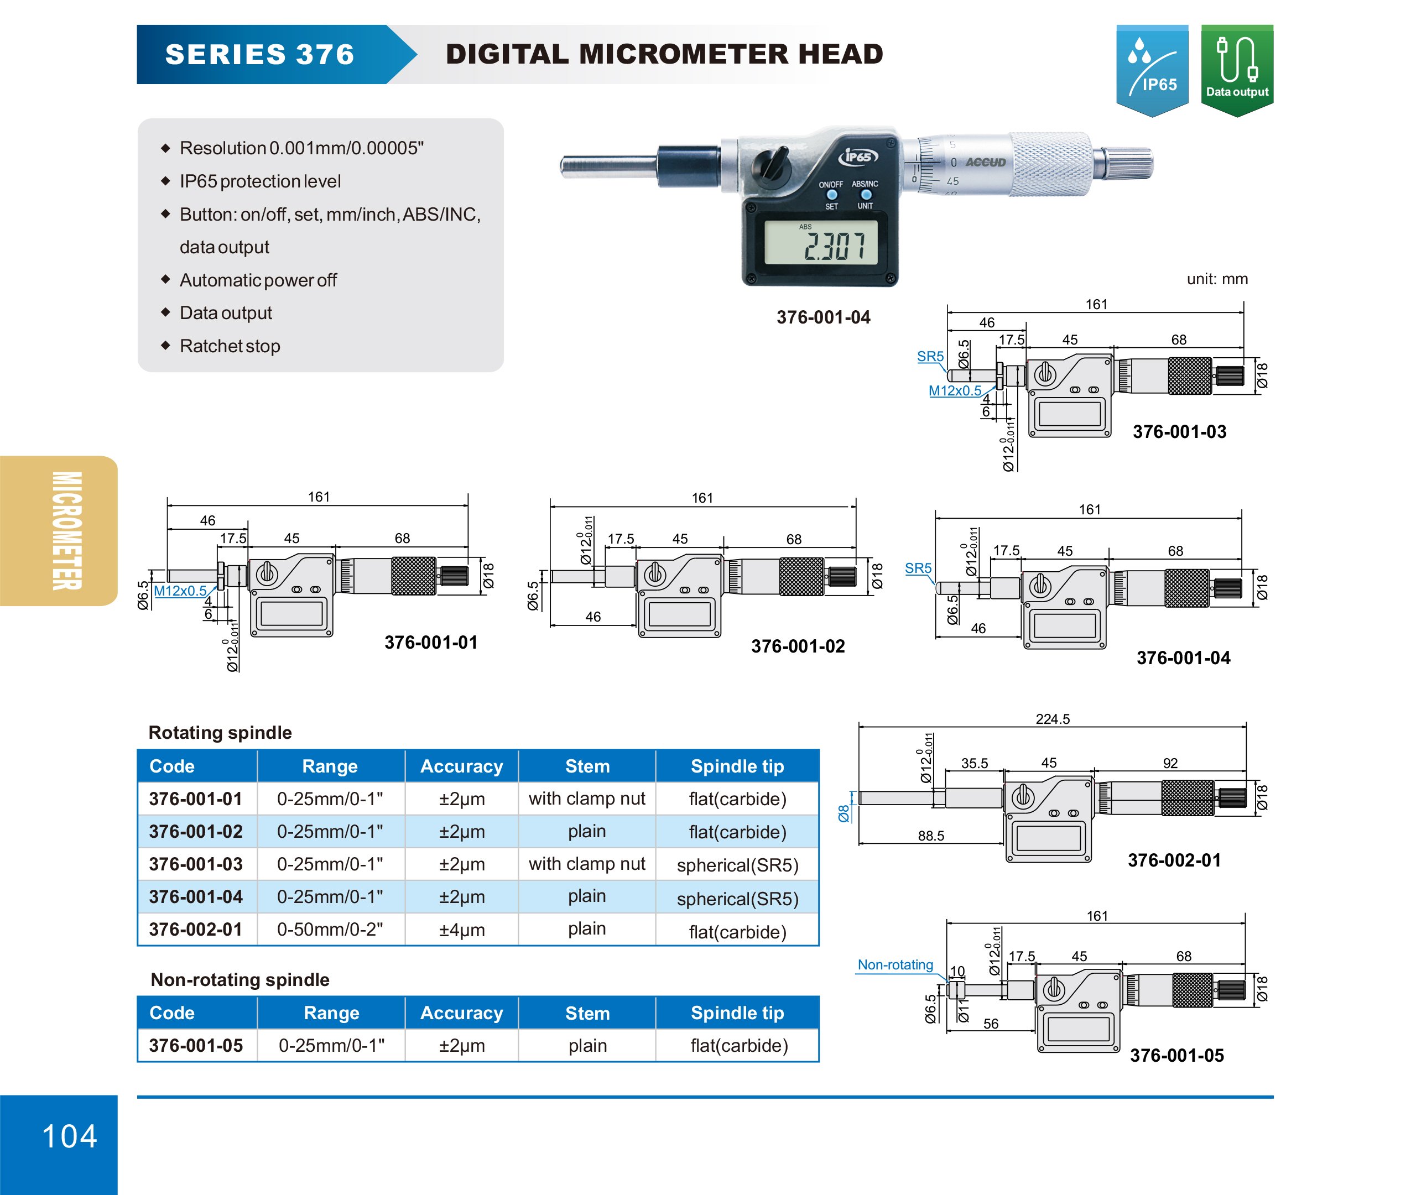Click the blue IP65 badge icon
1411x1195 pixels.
1152,69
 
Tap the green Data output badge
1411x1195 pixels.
1236,69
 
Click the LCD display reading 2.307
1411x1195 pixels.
821,243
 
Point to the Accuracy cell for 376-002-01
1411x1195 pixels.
461,930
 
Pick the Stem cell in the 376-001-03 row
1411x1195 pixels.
587,864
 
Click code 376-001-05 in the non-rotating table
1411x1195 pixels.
196,1045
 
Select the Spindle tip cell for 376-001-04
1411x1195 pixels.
737,897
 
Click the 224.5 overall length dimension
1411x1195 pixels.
1052,719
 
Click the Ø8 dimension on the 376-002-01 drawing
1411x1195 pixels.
843,812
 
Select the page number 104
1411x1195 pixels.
69,1136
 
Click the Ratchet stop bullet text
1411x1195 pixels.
230,346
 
